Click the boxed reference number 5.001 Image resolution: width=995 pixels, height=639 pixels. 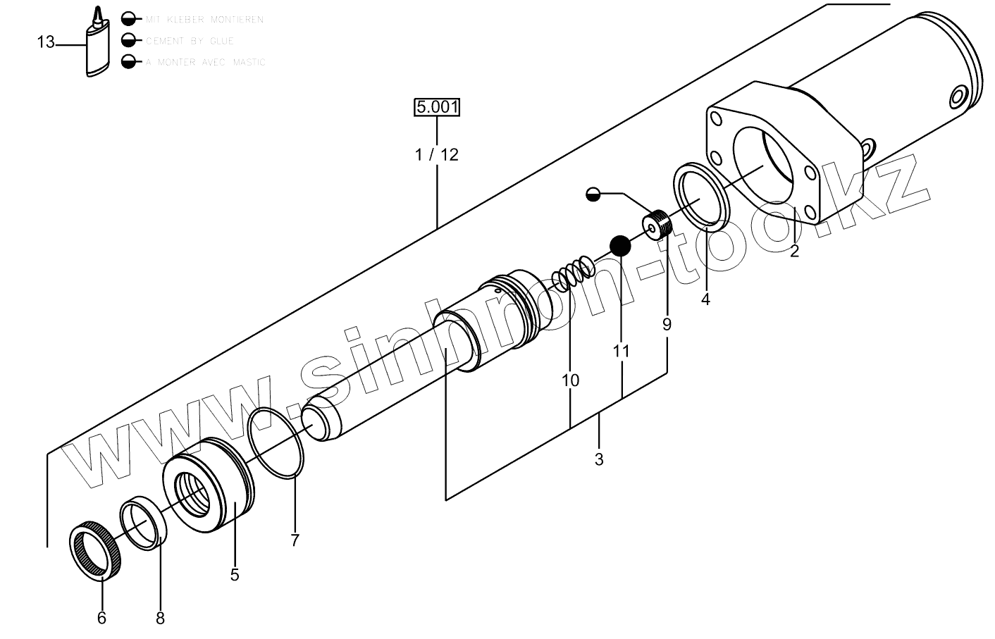point(437,107)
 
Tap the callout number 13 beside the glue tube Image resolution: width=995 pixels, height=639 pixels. point(46,43)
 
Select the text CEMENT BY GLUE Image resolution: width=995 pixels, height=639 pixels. point(190,41)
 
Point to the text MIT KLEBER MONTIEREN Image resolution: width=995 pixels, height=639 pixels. point(204,20)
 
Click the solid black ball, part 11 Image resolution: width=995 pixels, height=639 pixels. point(620,245)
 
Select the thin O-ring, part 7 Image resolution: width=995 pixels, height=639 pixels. point(276,444)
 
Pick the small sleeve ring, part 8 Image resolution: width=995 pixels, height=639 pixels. point(144,524)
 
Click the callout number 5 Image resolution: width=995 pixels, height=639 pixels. point(235,576)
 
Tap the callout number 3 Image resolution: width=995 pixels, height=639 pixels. point(599,460)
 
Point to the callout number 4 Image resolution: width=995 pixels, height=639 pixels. point(705,299)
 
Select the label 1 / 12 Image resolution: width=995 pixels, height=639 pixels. point(437,154)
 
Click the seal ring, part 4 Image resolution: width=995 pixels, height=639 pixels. point(701,197)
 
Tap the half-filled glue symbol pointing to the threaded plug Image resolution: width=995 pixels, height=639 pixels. point(593,194)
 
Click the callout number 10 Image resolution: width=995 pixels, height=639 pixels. point(570,380)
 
